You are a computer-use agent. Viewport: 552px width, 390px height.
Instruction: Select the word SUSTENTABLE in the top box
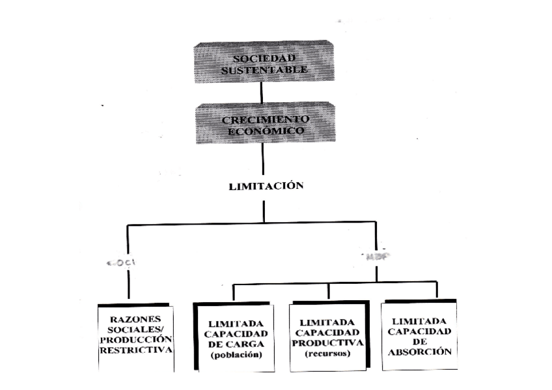pyautogui.click(x=264, y=69)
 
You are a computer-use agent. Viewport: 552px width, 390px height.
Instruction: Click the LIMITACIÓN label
pyautogui.click(x=266, y=186)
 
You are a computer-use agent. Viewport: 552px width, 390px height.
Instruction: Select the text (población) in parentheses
pyautogui.click(x=232, y=355)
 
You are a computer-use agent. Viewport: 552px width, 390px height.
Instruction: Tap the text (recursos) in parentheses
pyautogui.click(x=328, y=354)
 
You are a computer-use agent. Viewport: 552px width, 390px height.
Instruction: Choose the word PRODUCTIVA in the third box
pyautogui.click(x=328, y=343)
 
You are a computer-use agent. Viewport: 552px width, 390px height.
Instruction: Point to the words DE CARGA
pyautogui.click(x=232, y=344)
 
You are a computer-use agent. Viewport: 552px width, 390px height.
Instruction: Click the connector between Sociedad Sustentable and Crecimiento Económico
pyautogui.click(x=262, y=92)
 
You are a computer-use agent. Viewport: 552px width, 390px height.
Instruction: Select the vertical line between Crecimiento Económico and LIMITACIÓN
pyautogui.click(x=263, y=160)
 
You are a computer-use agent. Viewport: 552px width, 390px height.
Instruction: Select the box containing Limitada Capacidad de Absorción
pyautogui.click(x=419, y=335)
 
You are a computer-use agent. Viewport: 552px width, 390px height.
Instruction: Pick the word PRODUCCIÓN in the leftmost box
pyautogui.click(x=136, y=340)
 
